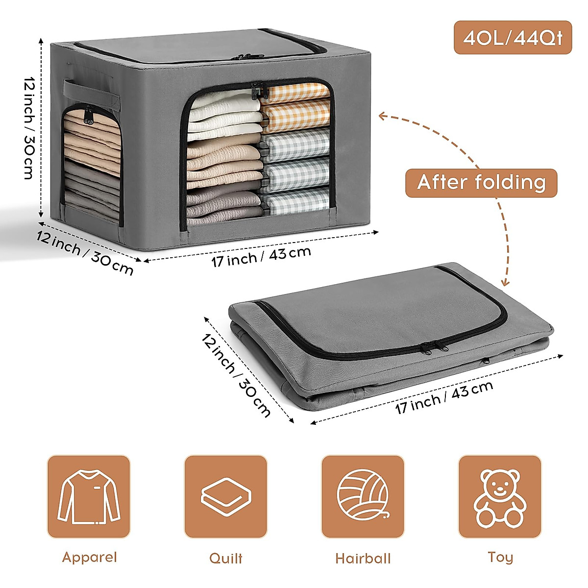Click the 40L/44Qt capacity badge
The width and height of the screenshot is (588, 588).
(513, 38)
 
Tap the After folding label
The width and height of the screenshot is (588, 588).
(481, 183)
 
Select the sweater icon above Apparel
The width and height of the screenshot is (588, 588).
(89, 496)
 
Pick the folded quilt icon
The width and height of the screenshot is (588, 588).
(226, 496)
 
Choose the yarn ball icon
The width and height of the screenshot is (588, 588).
(363, 496)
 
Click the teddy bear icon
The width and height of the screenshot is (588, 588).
(500, 496)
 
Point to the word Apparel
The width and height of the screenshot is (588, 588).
(90, 557)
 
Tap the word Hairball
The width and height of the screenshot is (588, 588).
(363, 559)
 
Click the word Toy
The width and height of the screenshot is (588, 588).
(500, 557)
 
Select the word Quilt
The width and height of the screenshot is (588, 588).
(226, 558)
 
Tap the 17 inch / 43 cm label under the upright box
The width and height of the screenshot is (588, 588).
(261, 257)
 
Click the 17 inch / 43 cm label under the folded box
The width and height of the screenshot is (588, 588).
(444, 397)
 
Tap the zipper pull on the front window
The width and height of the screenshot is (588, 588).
(256, 91)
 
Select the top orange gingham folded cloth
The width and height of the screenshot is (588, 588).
(295, 92)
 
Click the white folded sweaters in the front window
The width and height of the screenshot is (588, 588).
(223, 113)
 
